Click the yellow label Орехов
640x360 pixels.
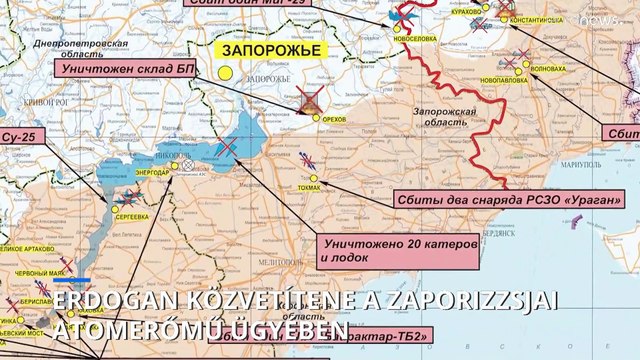click(334, 117)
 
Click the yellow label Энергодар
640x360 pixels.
click(152, 172)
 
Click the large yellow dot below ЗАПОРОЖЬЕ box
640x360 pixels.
click(226, 73)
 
